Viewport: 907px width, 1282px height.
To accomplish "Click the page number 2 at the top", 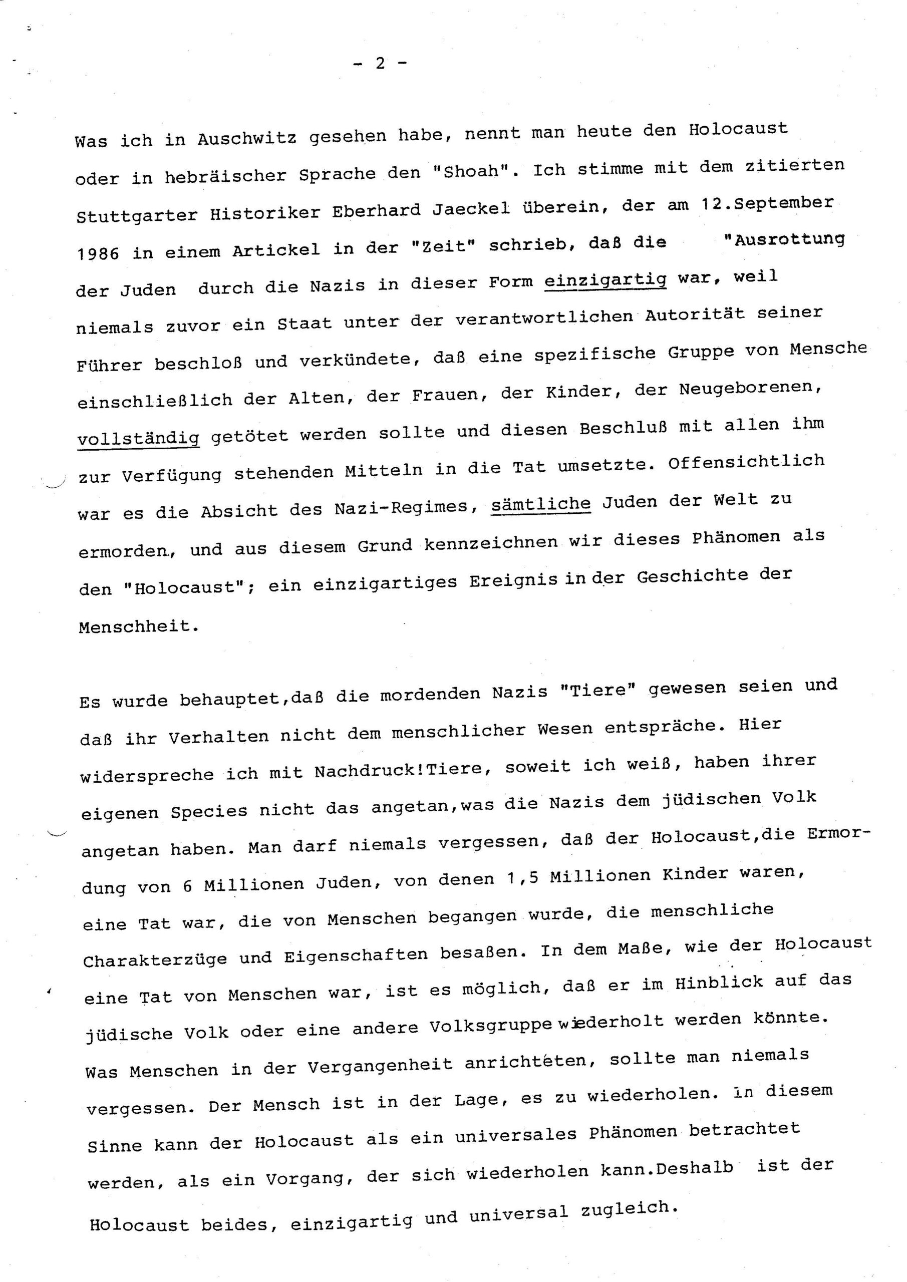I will point(380,63).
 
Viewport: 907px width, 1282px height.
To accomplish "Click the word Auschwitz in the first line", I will point(246,137).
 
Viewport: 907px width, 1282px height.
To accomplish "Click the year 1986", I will point(97,253).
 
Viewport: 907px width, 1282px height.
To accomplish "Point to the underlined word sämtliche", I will point(540,505).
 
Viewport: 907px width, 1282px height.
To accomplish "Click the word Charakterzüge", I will point(155,960).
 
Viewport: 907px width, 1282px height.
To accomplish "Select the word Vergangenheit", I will point(380,1064).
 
